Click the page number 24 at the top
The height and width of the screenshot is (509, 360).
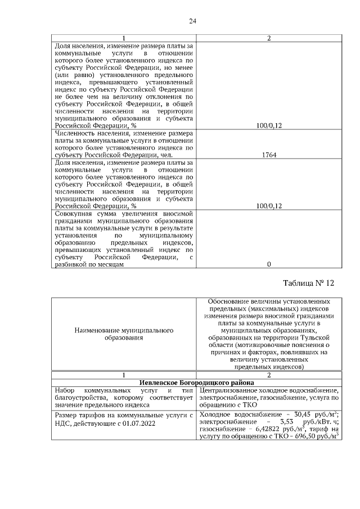(x=192, y=21)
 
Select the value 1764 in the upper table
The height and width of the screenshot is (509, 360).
(x=268, y=155)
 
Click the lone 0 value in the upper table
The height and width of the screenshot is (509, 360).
(x=268, y=264)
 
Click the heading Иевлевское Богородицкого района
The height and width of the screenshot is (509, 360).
(x=196, y=382)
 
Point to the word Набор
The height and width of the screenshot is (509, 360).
(x=62, y=390)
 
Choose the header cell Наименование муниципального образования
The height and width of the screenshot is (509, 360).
(x=124, y=334)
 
